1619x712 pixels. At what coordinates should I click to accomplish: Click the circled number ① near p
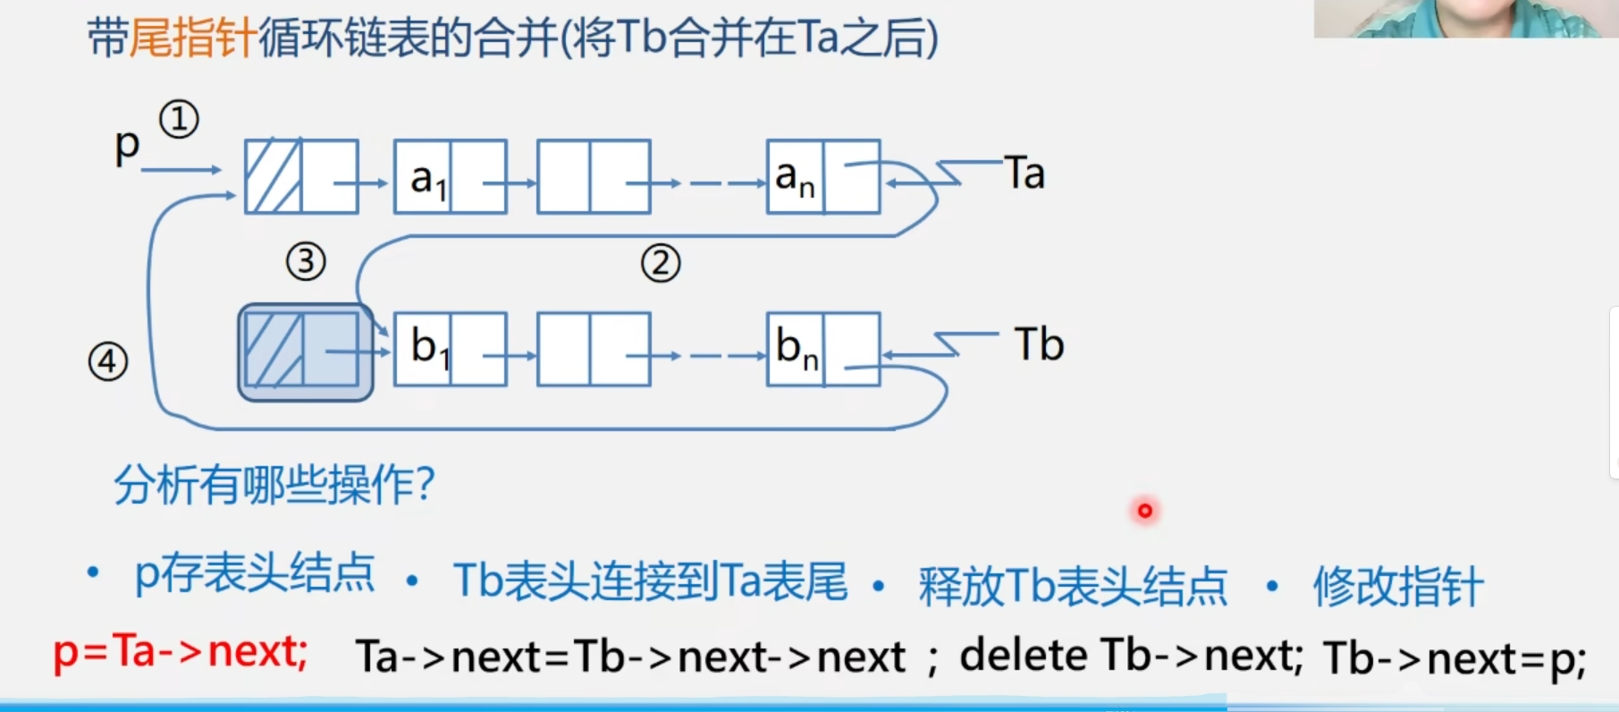click(179, 120)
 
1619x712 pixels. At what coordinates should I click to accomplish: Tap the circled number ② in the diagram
click(661, 264)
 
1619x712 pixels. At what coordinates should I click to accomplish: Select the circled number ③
click(306, 262)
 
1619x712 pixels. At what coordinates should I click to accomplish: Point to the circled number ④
click(108, 362)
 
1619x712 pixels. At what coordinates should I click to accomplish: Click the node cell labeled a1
click(424, 177)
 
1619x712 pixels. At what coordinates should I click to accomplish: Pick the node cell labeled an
click(795, 177)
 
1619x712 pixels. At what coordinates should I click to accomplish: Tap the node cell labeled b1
click(424, 349)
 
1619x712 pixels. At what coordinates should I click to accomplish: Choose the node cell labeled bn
click(795, 349)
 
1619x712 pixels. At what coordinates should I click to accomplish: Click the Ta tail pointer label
click(1025, 173)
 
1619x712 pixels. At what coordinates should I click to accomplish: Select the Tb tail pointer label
click(1039, 344)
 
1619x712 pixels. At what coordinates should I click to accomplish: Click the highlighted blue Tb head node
click(305, 352)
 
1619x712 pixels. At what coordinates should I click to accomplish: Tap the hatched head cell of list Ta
click(274, 176)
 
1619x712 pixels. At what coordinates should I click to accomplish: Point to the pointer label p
click(127, 145)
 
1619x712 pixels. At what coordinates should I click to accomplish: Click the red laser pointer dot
click(1144, 511)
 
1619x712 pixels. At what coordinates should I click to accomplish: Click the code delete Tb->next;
click(1131, 657)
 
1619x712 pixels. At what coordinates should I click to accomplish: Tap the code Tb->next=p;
click(1455, 659)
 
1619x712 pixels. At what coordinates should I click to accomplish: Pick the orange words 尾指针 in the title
click(194, 38)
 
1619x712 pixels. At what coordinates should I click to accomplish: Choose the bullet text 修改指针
click(1398, 587)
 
